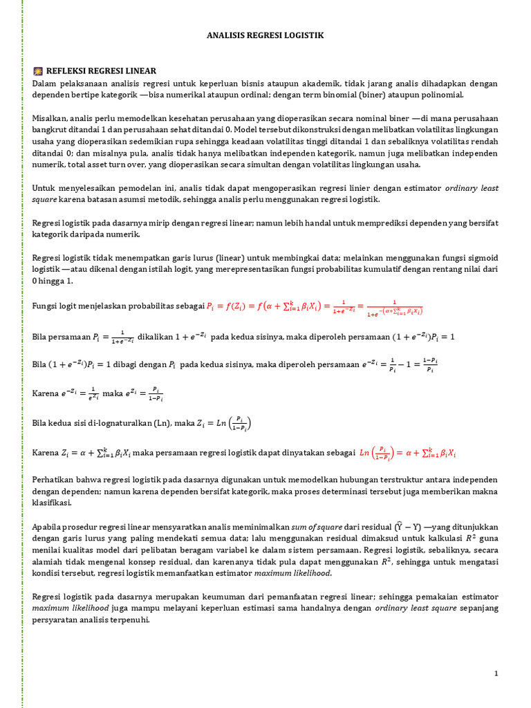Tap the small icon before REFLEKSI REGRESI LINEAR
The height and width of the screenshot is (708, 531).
[38, 71]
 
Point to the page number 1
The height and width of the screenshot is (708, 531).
[496, 673]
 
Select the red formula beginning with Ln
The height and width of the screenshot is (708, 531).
[408, 453]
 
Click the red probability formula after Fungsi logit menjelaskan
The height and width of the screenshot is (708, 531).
[315, 307]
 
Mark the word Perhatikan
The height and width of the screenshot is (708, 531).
[55, 478]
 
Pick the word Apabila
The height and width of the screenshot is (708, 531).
[48, 526]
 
